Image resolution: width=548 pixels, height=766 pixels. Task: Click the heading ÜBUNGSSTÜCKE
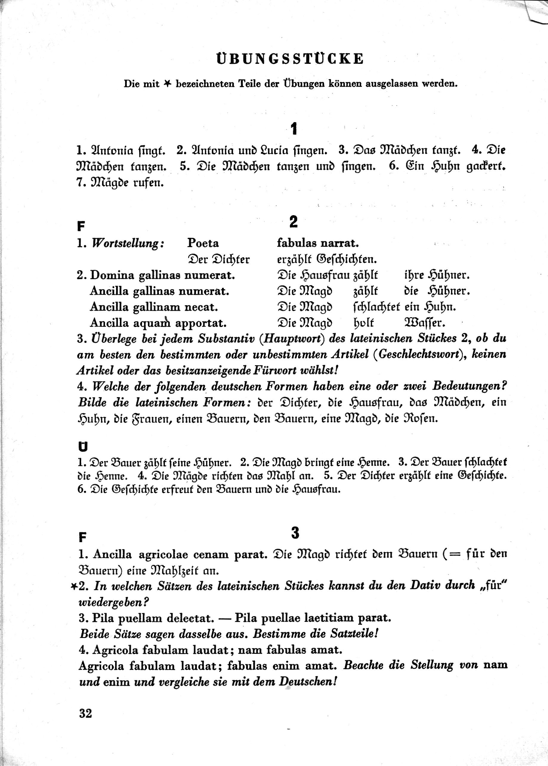pos(290,59)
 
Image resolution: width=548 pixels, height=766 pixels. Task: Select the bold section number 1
pos(294,129)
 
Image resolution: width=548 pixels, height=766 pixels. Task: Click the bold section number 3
pos(295,533)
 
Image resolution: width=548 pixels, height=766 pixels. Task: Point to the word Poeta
pos(203,243)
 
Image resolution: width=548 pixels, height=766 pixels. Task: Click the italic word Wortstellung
pos(128,243)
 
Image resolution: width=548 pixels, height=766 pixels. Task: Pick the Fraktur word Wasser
pos(424,323)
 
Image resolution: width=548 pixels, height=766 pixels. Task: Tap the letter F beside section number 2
pos(81,226)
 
